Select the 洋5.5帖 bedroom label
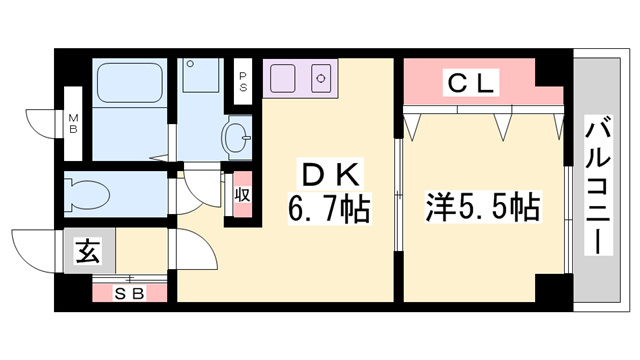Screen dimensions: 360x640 pos(484,208)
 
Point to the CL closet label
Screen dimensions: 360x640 pos(469,85)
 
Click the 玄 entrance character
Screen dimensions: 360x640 pos(88,252)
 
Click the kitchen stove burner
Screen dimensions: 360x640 pos(322,77)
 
